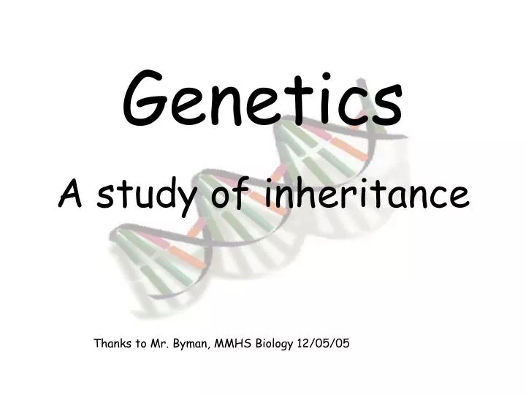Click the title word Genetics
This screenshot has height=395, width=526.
click(262, 100)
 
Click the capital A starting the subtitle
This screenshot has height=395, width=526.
click(71, 193)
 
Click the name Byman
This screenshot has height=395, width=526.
click(193, 343)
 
